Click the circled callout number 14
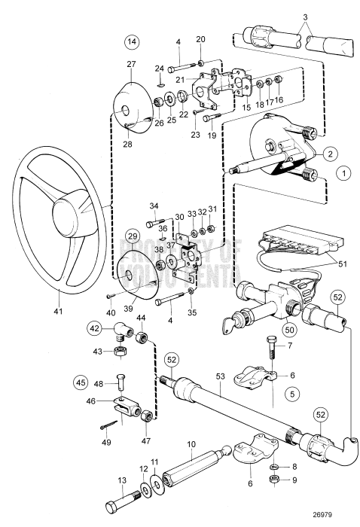tap(132, 41)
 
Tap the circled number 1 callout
tap(343, 173)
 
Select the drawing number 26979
tap(322, 514)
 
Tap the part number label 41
tap(58, 312)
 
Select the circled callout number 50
tap(289, 330)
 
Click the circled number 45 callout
tap(81, 382)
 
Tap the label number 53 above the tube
tap(220, 376)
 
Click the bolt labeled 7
tap(273, 349)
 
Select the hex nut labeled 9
tap(274, 480)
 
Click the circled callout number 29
tap(133, 236)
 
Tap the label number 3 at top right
tap(305, 17)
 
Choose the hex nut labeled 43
tap(120, 352)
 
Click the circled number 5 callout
tap(291, 393)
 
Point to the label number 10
tap(191, 444)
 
